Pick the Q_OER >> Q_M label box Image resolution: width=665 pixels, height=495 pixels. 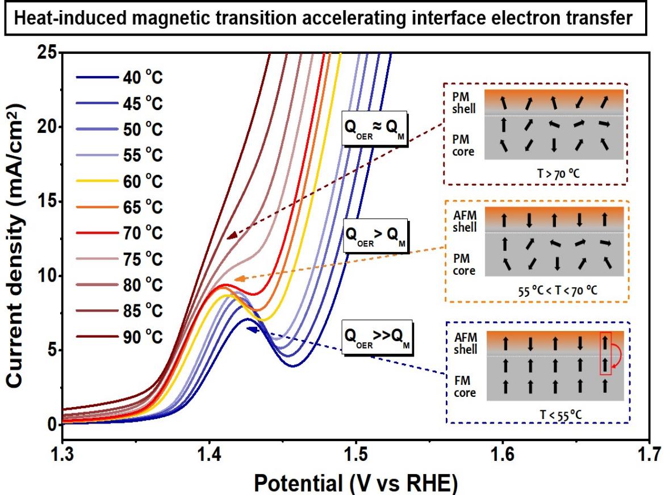coord(376,339)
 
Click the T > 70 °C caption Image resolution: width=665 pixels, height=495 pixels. coord(536,174)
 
